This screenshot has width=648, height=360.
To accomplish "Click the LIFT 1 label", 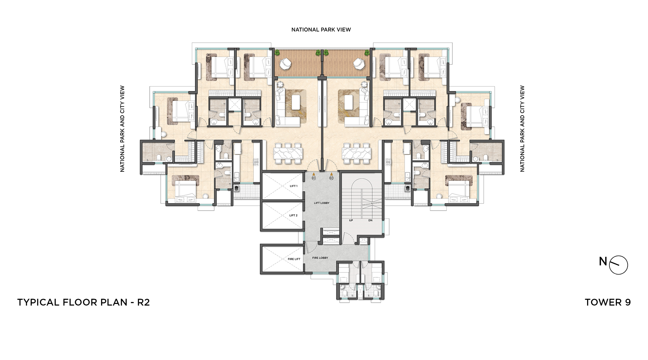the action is tap(294, 186).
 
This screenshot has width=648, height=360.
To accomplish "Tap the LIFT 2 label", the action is tap(293, 215).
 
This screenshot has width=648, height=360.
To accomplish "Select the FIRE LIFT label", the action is tap(294, 259).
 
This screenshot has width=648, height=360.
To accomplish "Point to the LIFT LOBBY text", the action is tap(322, 203).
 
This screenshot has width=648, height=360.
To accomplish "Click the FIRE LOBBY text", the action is tap(320, 258).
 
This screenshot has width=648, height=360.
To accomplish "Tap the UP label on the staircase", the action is tap(351, 220).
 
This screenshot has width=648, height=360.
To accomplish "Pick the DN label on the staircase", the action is tap(370, 220).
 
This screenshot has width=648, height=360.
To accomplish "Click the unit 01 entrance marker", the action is tap(314, 177).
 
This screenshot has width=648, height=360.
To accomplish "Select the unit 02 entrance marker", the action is tap(331, 177).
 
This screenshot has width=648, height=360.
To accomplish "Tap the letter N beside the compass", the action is tap(603, 261).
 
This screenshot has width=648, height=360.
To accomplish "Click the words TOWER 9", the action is tap(608, 302).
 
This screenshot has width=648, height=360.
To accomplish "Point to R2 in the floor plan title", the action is tap(144, 302).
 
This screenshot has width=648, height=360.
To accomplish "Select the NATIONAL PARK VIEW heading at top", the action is tap(321, 29).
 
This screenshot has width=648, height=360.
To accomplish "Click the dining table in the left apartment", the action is tap(288, 153).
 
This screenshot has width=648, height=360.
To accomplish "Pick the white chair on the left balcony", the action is tap(285, 64).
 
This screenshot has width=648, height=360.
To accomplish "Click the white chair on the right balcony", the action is tap(359, 64).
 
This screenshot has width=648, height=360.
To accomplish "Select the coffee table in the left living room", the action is tap(296, 102).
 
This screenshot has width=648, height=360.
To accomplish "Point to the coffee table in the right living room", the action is tap(349, 102).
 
